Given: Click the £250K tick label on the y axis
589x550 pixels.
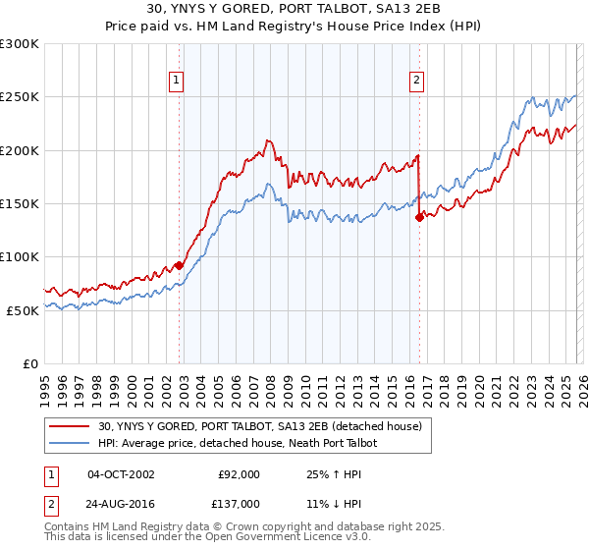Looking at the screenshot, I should tap(20, 97).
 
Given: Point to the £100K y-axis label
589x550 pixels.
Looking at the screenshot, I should tap(20, 256).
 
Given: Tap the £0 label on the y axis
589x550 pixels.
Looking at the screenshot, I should tap(29, 363).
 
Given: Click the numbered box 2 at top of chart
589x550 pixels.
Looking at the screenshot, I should tap(417, 82).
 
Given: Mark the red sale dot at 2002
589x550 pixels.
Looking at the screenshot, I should tap(180, 265).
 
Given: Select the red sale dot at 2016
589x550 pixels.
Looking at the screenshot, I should tap(419, 218).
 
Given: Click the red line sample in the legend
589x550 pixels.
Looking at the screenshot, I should tap(70, 426).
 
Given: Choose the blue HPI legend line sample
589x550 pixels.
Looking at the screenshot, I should tap(70, 443).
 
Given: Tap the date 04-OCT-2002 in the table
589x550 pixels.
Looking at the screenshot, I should tap(121, 473).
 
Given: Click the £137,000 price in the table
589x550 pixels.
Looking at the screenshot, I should tap(239, 503).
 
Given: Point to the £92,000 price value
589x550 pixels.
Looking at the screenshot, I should tap(239, 473).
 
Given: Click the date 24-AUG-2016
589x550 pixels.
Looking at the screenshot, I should tap(121, 503).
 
